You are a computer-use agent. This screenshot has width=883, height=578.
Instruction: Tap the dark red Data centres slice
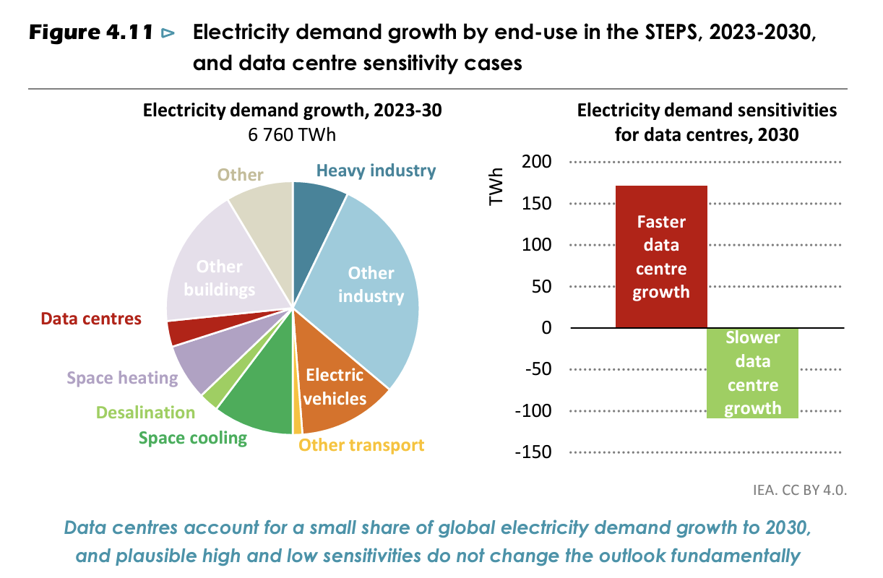click(x=178, y=331)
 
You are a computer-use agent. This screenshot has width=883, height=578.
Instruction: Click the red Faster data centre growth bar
click(x=660, y=256)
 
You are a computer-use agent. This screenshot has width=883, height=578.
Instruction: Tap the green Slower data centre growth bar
click(x=752, y=373)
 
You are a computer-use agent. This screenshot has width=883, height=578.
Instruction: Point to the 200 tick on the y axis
click(x=536, y=162)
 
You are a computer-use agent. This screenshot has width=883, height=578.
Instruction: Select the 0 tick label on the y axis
click(x=546, y=328)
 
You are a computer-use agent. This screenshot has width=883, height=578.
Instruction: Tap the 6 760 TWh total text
click(x=292, y=134)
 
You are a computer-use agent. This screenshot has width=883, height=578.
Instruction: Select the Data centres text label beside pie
click(x=91, y=319)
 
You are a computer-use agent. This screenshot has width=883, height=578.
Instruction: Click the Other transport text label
click(x=361, y=445)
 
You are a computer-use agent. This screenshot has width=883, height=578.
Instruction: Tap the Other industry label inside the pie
click(x=371, y=285)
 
